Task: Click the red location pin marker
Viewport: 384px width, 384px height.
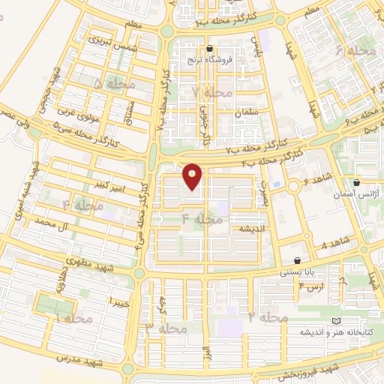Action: (x=193, y=177)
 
